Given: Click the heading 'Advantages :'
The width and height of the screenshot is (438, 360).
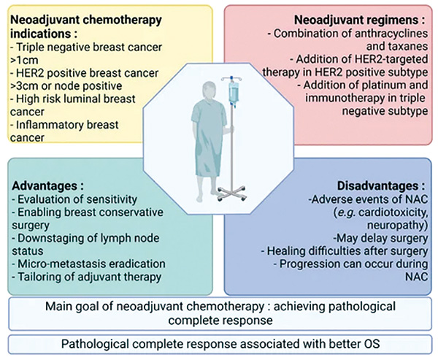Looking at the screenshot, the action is point(47,186).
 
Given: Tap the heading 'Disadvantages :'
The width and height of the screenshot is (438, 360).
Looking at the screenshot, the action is point(381,186).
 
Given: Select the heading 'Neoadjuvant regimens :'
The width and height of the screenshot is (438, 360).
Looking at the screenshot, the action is point(359,20).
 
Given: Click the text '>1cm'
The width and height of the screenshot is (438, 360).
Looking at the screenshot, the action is point(24,60).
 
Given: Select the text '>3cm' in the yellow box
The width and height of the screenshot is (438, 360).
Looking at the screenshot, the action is point(24,86).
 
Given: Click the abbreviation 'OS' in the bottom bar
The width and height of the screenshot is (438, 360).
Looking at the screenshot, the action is point(372,344).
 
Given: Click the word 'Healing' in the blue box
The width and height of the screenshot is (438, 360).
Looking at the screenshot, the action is point(284,251).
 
